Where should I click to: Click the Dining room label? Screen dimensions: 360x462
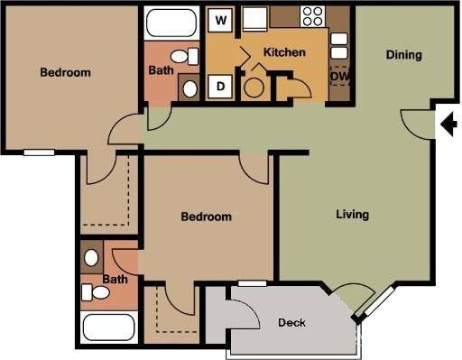tap(403, 55)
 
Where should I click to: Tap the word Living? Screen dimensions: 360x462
tap(352, 215)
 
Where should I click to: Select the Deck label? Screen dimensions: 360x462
tap(291, 323)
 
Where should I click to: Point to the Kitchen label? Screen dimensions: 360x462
tap(283, 52)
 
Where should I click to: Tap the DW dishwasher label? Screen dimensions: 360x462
tap(339, 77)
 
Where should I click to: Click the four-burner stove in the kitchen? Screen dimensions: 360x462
tap(312, 16)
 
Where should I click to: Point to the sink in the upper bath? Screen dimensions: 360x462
tap(189, 88)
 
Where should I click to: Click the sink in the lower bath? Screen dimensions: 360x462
tap(91, 257)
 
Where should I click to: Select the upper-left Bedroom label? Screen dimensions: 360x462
tap(65, 72)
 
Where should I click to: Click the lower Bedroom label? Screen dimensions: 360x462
tap(206, 217)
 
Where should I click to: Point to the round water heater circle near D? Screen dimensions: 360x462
tap(254, 88)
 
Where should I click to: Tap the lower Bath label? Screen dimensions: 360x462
tap(115, 280)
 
